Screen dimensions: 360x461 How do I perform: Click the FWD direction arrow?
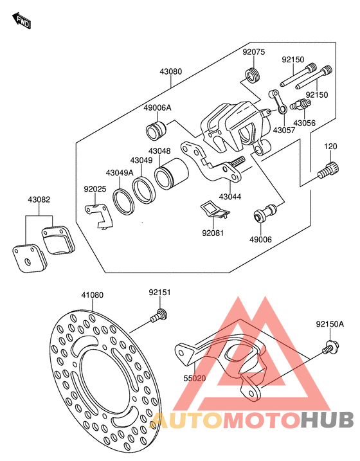(x=21, y=21)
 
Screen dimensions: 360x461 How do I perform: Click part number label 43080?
(x=171, y=71)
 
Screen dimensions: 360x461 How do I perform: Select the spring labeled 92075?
(x=253, y=76)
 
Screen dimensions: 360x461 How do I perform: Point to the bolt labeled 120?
(x=328, y=170)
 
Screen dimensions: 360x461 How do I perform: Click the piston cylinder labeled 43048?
(x=172, y=174)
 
